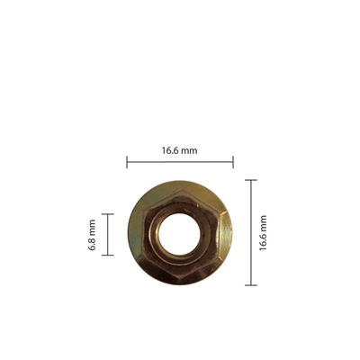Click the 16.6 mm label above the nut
[x=179, y=150]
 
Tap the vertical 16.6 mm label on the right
[x=263, y=232]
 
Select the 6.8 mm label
[x=93, y=235]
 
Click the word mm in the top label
[x=189, y=150]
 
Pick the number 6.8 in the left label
[x=93, y=240]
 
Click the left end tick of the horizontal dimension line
[x=127, y=162]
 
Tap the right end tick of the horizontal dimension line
[x=233, y=162]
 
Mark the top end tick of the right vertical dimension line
[x=251, y=180]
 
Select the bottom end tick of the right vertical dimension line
[x=251, y=285]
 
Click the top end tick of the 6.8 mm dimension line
[x=108, y=214]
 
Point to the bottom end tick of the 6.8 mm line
[x=108, y=256]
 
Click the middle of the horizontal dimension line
[x=180, y=162]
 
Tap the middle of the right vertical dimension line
[x=251, y=232]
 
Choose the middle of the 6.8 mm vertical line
[x=108, y=235]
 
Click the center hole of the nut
[x=180, y=233]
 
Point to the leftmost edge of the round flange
[x=129, y=233]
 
